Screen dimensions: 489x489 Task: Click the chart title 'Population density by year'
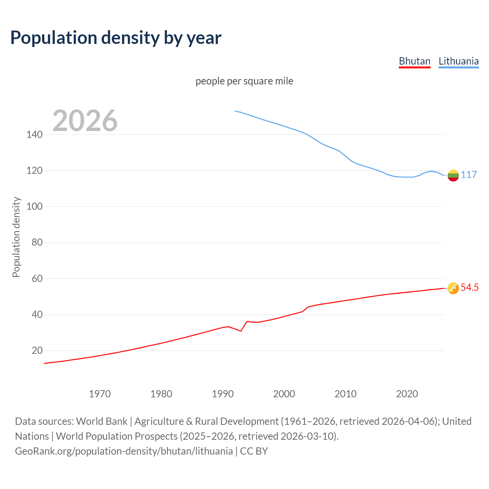click(x=116, y=37)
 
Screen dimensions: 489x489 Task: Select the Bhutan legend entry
click(x=415, y=61)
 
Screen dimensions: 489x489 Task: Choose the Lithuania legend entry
click(x=458, y=61)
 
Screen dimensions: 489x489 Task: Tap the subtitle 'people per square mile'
click(x=244, y=81)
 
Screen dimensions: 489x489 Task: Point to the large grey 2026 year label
click(x=85, y=121)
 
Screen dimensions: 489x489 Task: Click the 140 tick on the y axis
click(x=34, y=134)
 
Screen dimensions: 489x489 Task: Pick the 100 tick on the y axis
click(x=34, y=207)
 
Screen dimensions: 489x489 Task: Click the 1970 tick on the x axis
click(x=100, y=394)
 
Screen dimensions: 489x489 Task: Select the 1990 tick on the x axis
click(x=223, y=394)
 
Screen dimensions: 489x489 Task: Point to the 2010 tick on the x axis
click(x=345, y=394)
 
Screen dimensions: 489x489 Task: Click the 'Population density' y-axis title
click(x=16, y=237)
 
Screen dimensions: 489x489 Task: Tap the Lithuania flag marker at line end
click(x=453, y=175)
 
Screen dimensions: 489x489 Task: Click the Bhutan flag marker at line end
click(x=453, y=288)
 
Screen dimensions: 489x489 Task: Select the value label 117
click(x=469, y=175)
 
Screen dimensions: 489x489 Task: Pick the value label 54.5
click(x=470, y=288)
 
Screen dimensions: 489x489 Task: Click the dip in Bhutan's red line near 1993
click(x=241, y=331)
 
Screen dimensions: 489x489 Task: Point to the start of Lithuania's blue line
click(x=235, y=111)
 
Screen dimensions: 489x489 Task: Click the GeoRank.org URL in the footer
click(x=124, y=451)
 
